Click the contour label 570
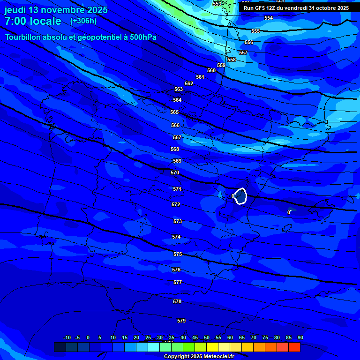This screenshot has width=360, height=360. (x=175, y=172)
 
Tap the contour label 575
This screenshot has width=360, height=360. (x=178, y=254)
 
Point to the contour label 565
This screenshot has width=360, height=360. (x=174, y=112)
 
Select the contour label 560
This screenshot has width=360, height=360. (x=211, y=70)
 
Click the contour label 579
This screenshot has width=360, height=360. (x=181, y=321)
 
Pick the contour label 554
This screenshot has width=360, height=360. (x=269, y=18)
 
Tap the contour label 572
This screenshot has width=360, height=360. (x=176, y=204)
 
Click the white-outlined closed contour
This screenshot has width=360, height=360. (x=241, y=196)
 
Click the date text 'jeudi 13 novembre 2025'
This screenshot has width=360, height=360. (x=56, y=10)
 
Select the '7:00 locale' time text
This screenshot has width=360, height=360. (x=33, y=21)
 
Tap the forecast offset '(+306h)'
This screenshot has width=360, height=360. (x=83, y=21)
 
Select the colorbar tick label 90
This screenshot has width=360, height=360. (x=300, y=337)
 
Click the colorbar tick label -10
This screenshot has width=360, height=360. (x=67, y=337)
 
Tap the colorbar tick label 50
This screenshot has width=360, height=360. (x=206, y=337)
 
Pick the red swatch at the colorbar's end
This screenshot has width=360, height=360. (x=294, y=347)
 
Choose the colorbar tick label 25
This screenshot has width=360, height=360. (x=148, y=337)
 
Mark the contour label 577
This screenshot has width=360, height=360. (x=178, y=282)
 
